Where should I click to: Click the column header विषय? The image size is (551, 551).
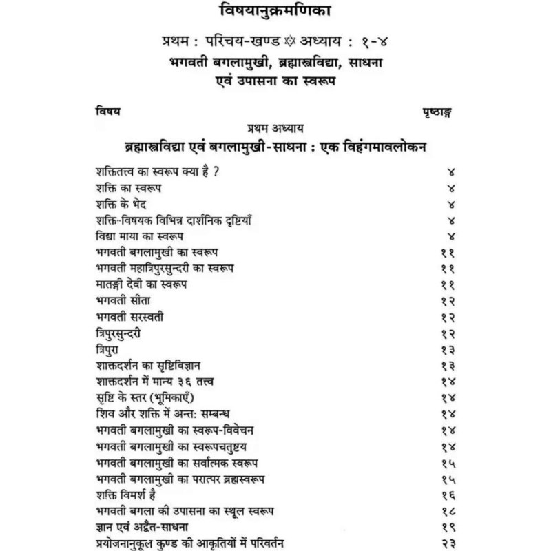click(106, 111)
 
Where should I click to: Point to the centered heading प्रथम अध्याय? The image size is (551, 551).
click(275, 127)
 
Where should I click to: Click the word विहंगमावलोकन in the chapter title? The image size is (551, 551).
click(388, 146)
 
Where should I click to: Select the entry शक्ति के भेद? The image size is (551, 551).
click(121, 205)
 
